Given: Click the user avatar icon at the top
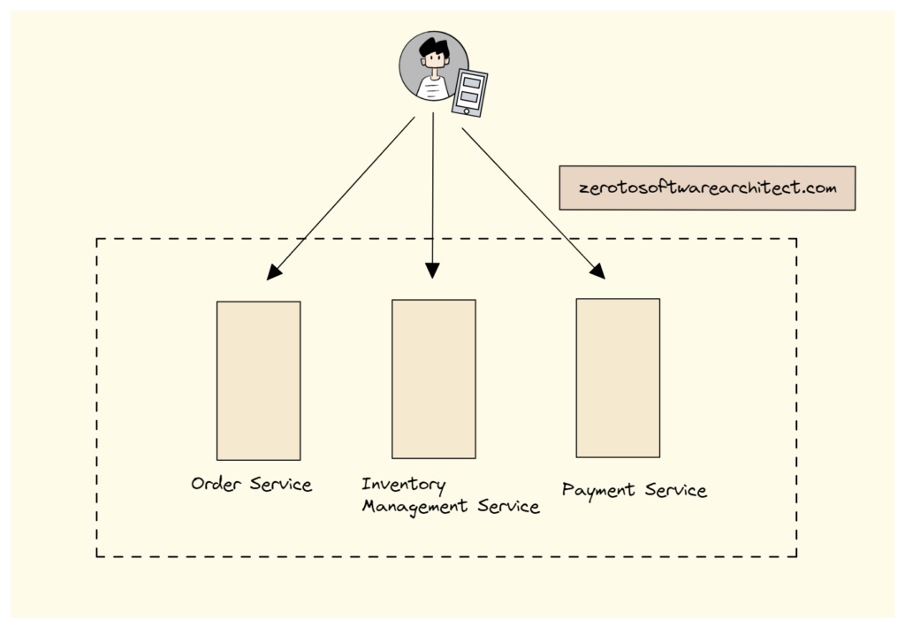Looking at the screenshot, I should pos(433,66).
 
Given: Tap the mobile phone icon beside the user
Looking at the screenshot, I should pos(469,91).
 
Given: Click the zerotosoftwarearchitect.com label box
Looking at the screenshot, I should pos(707,188).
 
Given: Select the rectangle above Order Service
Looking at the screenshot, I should pos(258,380).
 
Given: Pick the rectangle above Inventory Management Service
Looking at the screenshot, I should pos(433,379).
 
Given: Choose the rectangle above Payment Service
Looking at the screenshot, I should pos(618,378).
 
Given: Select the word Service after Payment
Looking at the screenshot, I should pos(674,490).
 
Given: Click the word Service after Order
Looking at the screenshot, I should pos(281,484).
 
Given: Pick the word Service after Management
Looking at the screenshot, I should pos(508,508).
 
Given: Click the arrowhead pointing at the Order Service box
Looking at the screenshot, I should pos(275,272).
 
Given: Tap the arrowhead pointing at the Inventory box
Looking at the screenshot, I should pos(432,270).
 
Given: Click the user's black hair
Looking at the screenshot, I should pos(433,46).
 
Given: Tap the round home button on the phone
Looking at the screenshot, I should pos(467,110).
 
